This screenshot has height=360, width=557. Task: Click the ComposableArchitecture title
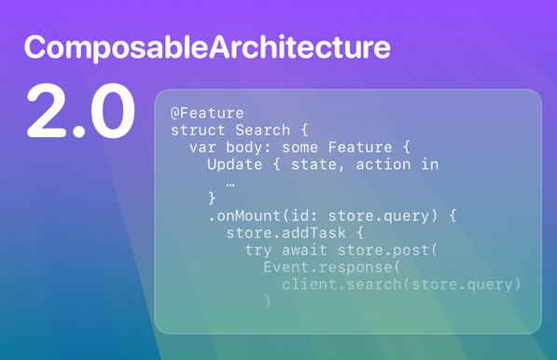pyautogui.click(x=207, y=48)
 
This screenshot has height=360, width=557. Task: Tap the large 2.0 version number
pyautogui.click(x=80, y=113)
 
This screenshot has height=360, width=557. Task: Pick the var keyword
pyautogui.click(x=202, y=147)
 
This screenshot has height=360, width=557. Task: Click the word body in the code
pyautogui.click(x=244, y=147)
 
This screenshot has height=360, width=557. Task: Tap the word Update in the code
pyautogui.click(x=234, y=165)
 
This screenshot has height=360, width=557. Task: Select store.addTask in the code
pyautogui.click(x=276, y=234)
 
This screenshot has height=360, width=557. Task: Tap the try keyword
pyautogui.click(x=258, y=251)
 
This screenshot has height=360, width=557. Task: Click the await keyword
pyautogui.click(x=303, y=251)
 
